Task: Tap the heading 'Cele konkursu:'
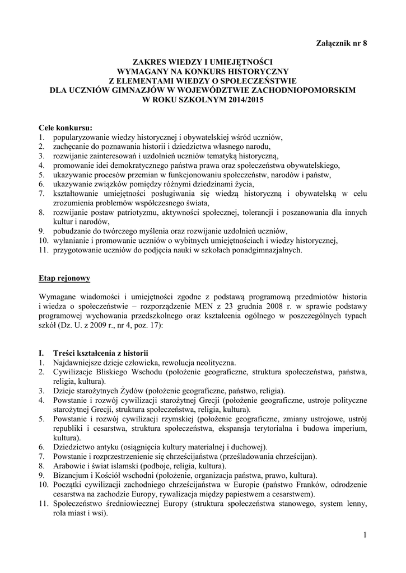[x=66, y=128]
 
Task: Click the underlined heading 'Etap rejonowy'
[x=64, y=278]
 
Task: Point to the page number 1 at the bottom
[x=365, y=536]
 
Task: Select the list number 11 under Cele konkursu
[x=44, y=250]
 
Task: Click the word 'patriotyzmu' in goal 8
[x=136, y=212]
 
